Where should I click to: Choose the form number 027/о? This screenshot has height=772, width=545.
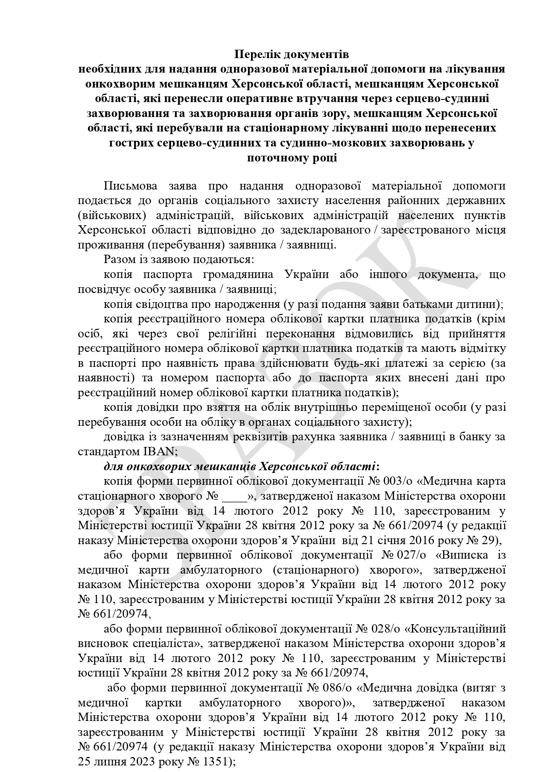413,555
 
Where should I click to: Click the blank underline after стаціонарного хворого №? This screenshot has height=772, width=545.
235,496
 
